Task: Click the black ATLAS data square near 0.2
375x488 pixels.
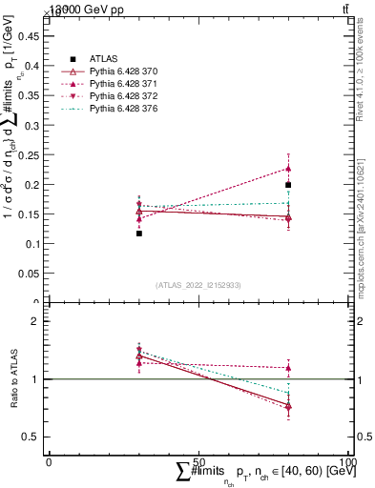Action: (x=288, y=185)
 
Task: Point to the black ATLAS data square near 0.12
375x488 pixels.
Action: (x=138, y=233)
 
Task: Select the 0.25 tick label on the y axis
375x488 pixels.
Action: (x=32, y=154)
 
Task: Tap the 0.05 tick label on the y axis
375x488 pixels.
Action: (x=32, y=274)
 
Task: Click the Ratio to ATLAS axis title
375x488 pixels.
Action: (x=12, y=379)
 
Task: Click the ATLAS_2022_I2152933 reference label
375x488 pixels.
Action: (x=198, y=285)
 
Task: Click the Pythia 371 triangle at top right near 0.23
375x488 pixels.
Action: (x=288, y=168)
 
